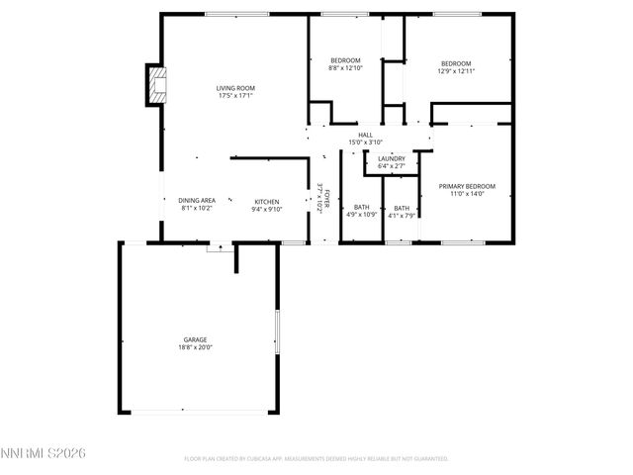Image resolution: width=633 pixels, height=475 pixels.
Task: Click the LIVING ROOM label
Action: tap(236, 89)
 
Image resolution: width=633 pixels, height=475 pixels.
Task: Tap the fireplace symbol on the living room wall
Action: tap(155, 86)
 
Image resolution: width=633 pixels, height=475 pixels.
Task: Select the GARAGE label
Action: tap(195, 339)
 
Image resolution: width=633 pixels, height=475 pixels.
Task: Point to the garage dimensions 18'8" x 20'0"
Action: tap(195, 347)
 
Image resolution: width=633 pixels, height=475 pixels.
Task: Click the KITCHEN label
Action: tap(266, 201)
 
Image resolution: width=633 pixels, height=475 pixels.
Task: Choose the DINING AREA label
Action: tap(197, 201)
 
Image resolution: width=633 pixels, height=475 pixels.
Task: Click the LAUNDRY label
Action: tap(391, 158)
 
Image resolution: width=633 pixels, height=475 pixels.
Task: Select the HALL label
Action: tap(365, 135)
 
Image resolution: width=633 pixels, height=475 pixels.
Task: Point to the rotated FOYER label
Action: tap(327, 199)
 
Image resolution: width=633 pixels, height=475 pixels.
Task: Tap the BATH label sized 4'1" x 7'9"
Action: tap(401, 207)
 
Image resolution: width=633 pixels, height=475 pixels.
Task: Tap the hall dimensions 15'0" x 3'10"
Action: tap(365, 142)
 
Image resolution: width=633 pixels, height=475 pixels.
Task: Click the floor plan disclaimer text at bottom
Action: tap(316, 458)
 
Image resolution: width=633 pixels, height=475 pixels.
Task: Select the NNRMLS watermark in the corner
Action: tap(44, 453)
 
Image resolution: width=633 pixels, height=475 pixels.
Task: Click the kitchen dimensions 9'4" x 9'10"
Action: tap(266, 209)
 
